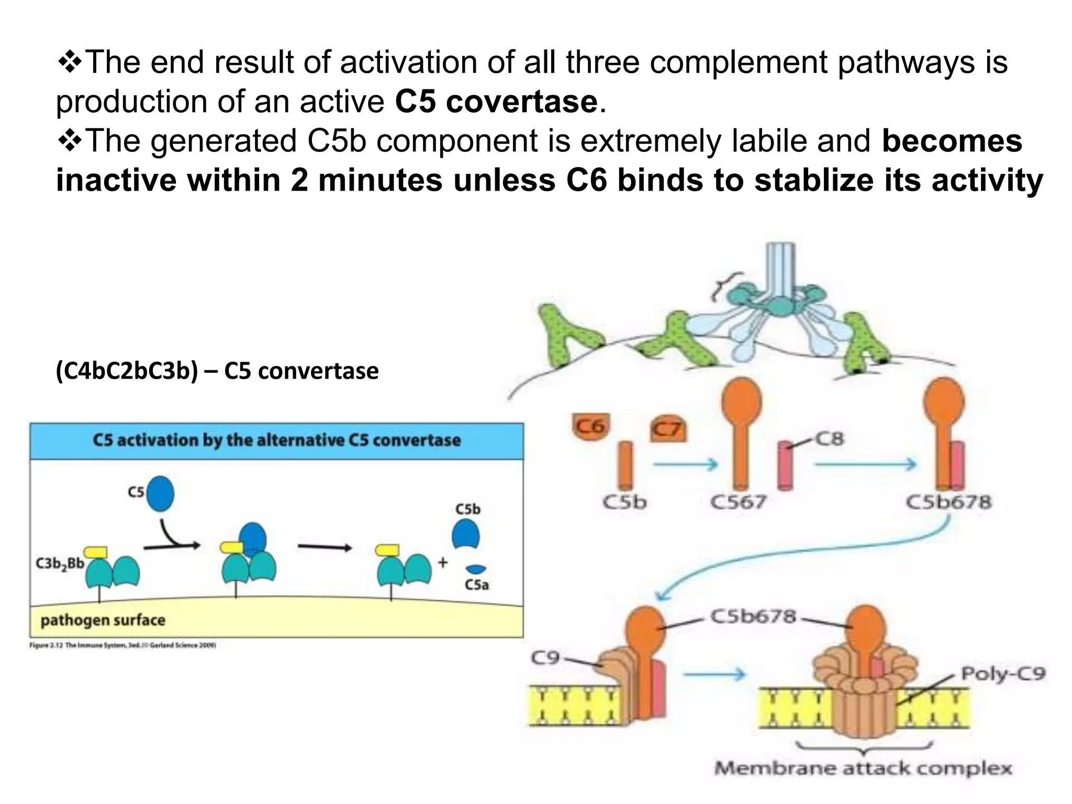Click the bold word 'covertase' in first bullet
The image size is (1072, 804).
pyautogui.click(x=521, y=102)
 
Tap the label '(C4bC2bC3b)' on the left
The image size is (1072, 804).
pyautogui.click(x=127, y=371)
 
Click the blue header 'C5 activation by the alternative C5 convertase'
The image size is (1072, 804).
pyautogui.click(x=276, y=440)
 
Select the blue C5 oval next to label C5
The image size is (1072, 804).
pyautogui.click(x=160, y=493)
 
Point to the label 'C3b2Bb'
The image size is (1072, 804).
pyautogui.click(x=60, y=564)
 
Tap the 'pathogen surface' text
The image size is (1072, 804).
pyautogui.click(x=103, y=620)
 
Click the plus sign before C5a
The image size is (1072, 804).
pyautogui.click(x=443, y=563)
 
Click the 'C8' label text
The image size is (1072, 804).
pyautogui.click(x=830, y=439)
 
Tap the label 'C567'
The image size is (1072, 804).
pyautogui.click(x=738, y=502)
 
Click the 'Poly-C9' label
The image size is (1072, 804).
pyautogui.click(x=1003, y=673)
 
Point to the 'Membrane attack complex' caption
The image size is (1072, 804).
pyautogui.click(x=863, y=768)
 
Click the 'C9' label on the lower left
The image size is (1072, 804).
pyautogui.click(x=545, y=657)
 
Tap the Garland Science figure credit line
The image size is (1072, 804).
pyautogui.click(x=122, y=645)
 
